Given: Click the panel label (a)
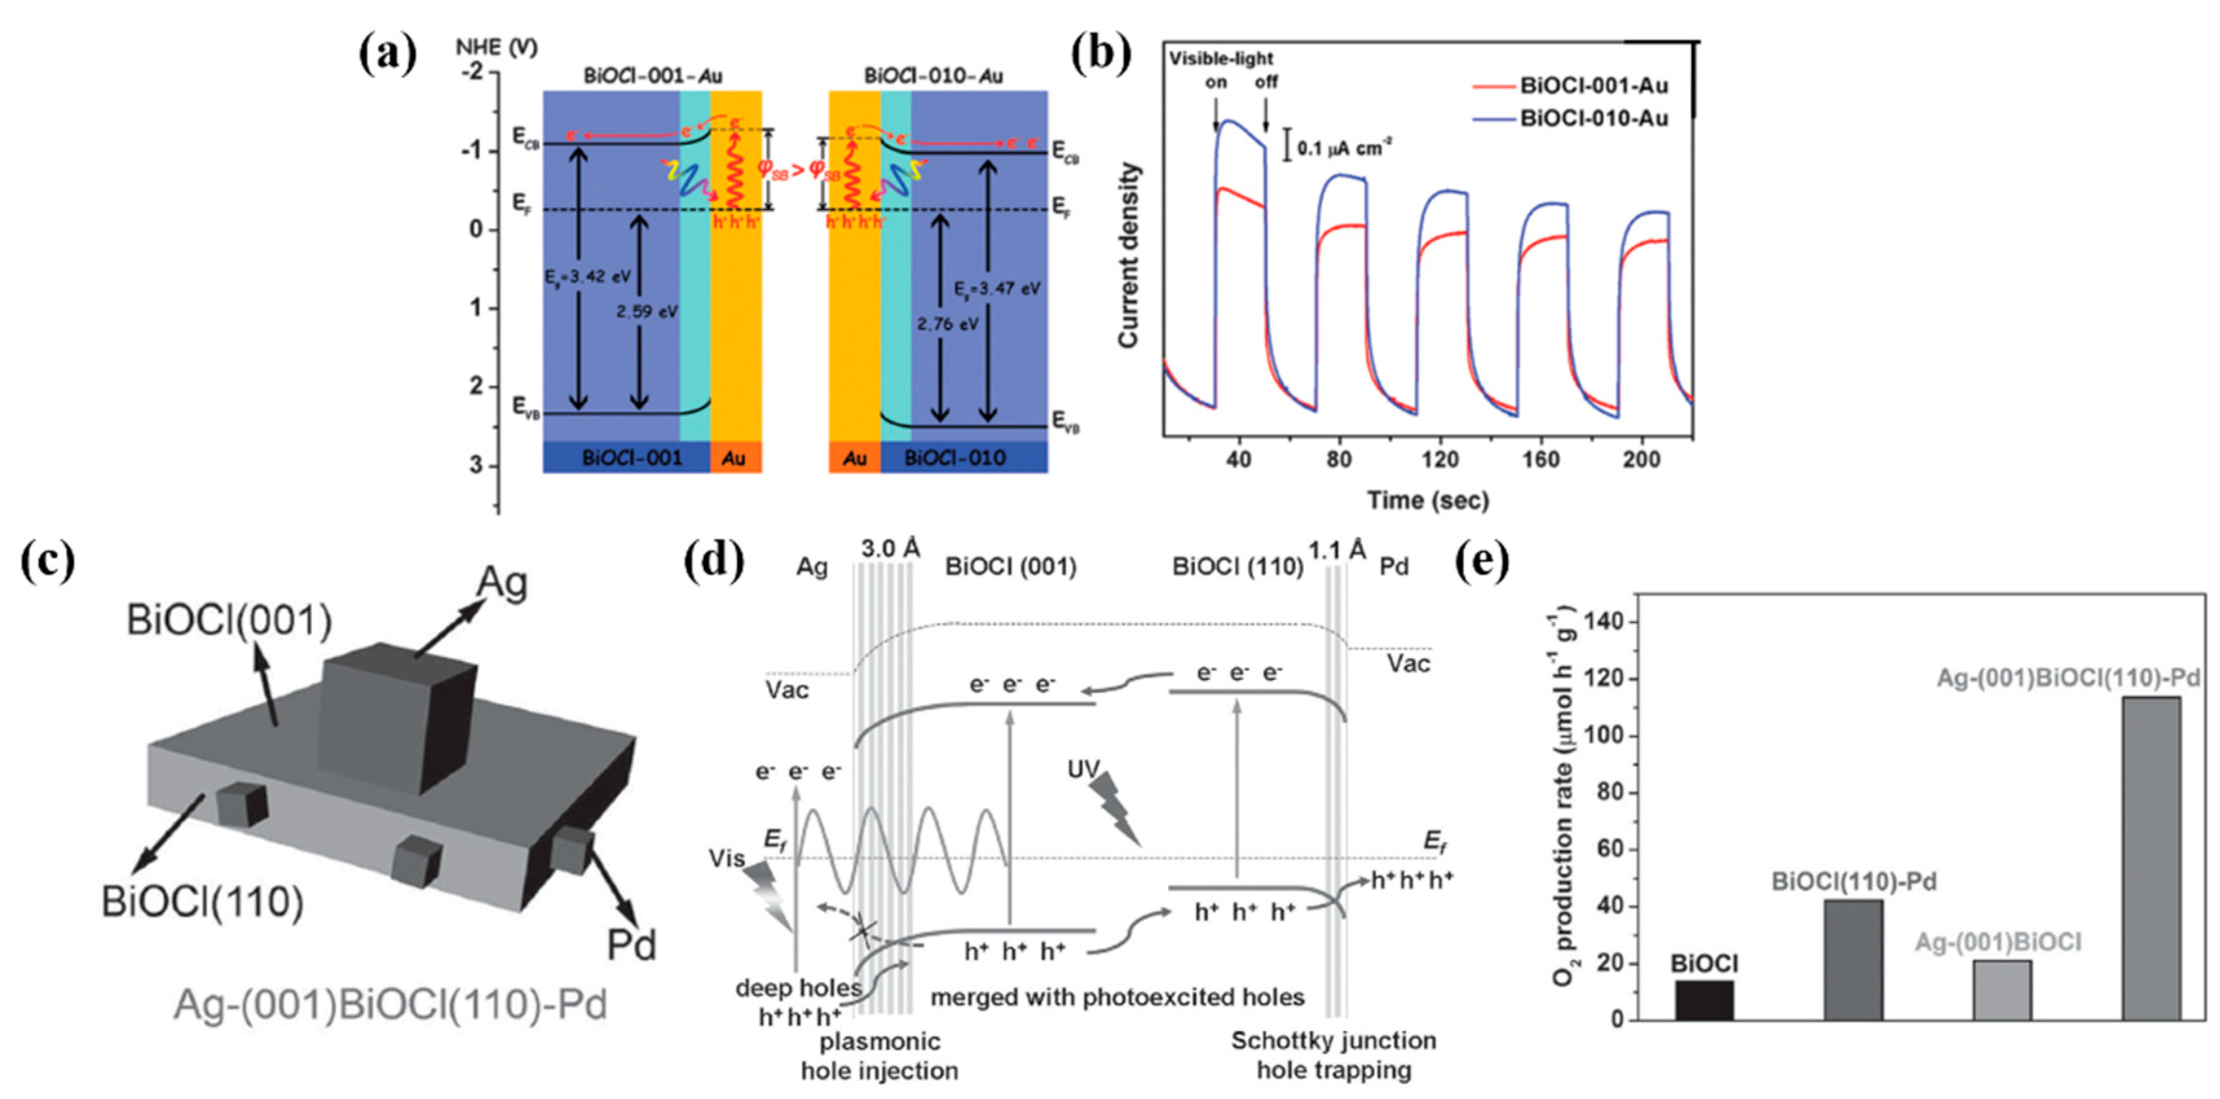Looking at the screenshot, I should pos(388,54).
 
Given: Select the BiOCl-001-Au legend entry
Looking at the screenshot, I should pos(1593,85).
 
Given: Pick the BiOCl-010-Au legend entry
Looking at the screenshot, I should pos(1593,118).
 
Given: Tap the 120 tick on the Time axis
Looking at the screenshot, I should pos(1439,460).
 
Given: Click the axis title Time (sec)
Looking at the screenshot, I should pos(1427,500).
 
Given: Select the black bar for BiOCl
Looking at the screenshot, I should pos(1703,1000).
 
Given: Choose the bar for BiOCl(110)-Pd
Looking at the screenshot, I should pos(1853,959).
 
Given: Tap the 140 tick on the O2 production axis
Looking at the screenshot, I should pos(1607,621).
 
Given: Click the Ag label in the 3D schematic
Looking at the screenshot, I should pos(502,584).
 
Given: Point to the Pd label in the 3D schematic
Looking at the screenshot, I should pos(631,944).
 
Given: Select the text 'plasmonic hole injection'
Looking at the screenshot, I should pos(879,1055).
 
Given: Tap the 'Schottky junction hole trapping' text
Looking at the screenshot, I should pos(1333,1055).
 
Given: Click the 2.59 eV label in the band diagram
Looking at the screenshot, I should pos(646,311).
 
